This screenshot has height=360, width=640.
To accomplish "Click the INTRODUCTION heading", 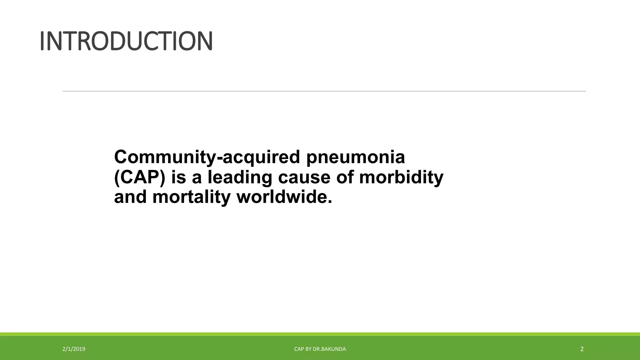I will coord(126,41).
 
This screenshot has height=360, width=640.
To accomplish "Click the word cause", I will coord(304,177).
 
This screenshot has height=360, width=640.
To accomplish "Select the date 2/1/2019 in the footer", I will coord(74,349).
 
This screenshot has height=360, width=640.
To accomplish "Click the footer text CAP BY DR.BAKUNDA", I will coord(320,349).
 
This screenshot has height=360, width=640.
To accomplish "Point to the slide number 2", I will coord(582,349).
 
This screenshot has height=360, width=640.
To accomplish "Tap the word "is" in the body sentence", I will coord(178,177).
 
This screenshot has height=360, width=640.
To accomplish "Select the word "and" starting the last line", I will coord(130,197).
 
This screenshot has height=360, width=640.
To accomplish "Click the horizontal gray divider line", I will coord(324,91).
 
